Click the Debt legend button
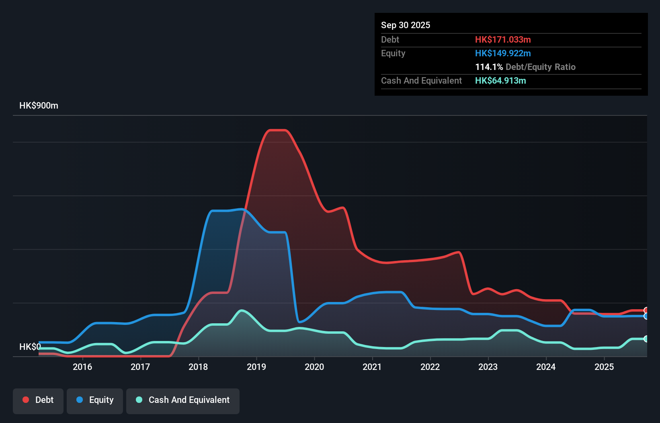(x=38, y=400)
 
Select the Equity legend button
(x=95, y=400)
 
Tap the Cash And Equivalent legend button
(x=183, y=400)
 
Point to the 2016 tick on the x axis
(x=82, y=367)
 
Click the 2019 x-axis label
(x=256, y=367)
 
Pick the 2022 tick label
(x=430, y=367)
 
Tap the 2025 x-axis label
(x=604, y=367)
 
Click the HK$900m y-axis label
(x=39, y=106)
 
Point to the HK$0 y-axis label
(x=30, y=347)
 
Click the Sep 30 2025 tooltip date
(x=406, y=25)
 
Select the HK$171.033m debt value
(x=503, y=39)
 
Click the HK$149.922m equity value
(x=503, y=53)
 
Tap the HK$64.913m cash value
(x=500, y=80)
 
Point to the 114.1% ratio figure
(x=489, y=67)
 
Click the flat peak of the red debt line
(x=277, y=130)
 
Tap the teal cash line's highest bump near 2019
(x=241, y=310)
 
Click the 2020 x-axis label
(x=314, y=367)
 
